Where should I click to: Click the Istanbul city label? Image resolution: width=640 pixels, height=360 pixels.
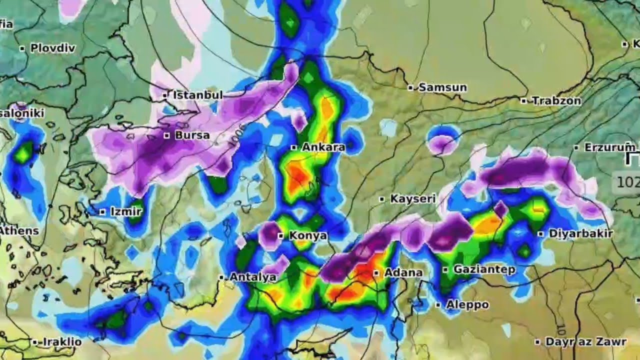[x=197, y=95]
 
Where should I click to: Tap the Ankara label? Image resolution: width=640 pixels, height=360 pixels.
[x=323, y=147]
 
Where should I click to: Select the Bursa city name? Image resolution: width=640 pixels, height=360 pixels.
[x=192, y=135]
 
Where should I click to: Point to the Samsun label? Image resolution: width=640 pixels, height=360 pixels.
[x=442, y=87]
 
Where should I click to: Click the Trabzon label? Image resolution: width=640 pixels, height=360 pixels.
[x=556, y=101]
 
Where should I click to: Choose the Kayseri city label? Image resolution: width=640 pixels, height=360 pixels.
[x=413, y=199]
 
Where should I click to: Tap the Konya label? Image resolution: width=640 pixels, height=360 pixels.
[x=308, y=235]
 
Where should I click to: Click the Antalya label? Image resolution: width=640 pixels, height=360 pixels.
[x=252, y=277]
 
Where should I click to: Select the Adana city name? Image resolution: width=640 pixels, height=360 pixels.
[x=403, y=273]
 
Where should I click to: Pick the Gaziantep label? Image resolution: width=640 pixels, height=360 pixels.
[x=484, y=270]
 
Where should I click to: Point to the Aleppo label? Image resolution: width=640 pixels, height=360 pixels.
[x=467, y=304]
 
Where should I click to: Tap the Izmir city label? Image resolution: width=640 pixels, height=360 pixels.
[x=125, y=212]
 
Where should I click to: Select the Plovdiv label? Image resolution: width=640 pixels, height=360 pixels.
[x=52, y=48]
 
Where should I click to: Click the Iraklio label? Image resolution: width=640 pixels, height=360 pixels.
[x=62, y=342]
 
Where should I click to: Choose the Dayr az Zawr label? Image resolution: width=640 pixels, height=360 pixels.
[x=585, y=342]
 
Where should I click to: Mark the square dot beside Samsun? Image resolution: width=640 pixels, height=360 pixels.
[x=410, y=87]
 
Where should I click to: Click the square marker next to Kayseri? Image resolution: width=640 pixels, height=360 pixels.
[x=382, y=199]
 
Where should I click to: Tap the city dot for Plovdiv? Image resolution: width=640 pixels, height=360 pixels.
[x=22, y=48]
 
